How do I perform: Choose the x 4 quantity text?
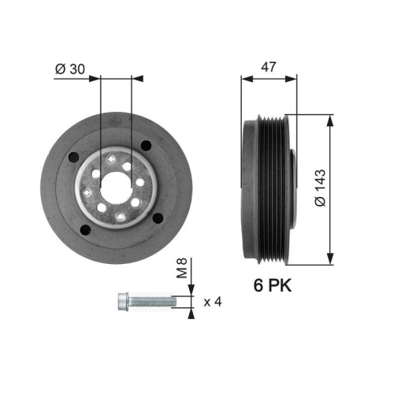[x=213, y=301]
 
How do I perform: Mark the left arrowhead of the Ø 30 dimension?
[x=97, y=78]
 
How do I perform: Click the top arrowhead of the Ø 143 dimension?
[x=329, y=118]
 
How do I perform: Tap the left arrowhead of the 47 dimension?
[x=244, y=78]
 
